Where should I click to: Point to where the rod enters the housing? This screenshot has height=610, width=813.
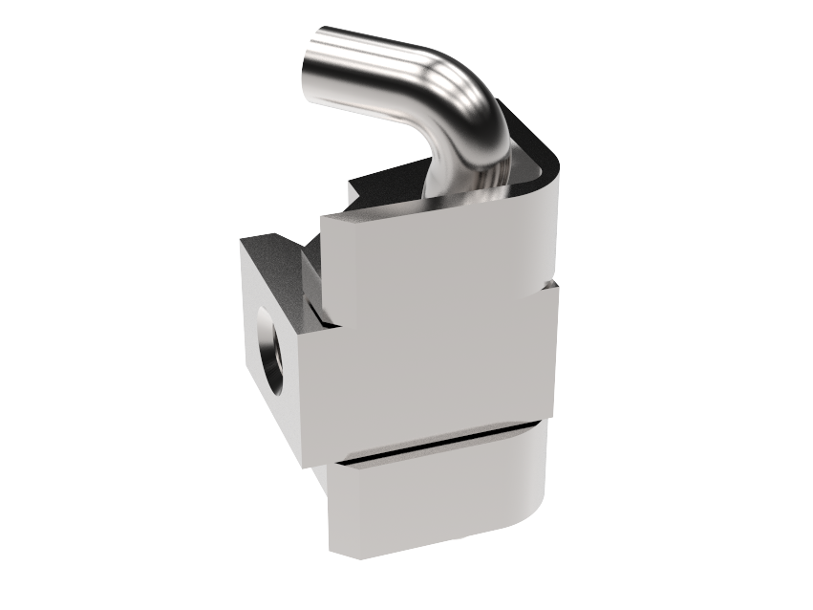(468, 186)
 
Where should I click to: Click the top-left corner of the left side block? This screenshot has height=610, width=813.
(241, 240)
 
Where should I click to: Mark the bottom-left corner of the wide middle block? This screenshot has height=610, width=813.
(305, 467)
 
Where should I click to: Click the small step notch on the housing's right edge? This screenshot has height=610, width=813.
(551, 284)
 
